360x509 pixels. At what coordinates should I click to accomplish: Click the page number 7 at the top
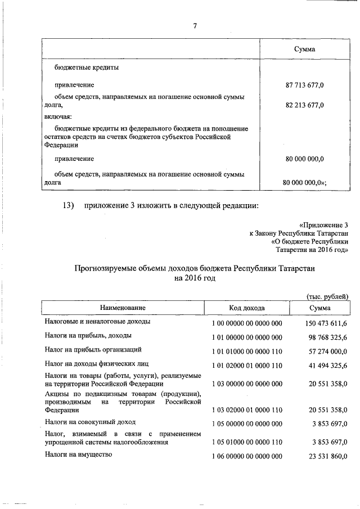click(195, 26)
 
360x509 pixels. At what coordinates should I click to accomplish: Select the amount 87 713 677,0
click(305, 85)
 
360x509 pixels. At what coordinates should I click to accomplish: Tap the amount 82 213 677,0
click(305, 105)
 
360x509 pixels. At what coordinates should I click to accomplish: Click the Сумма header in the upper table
click(305, 49)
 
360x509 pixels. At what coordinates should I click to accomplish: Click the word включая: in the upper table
click(58, 116)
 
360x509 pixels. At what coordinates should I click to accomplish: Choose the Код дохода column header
click(247, 308)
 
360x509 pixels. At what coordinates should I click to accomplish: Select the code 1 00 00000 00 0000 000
click(247, 323)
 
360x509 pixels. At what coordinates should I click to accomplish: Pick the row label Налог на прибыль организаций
click(89, 350)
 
